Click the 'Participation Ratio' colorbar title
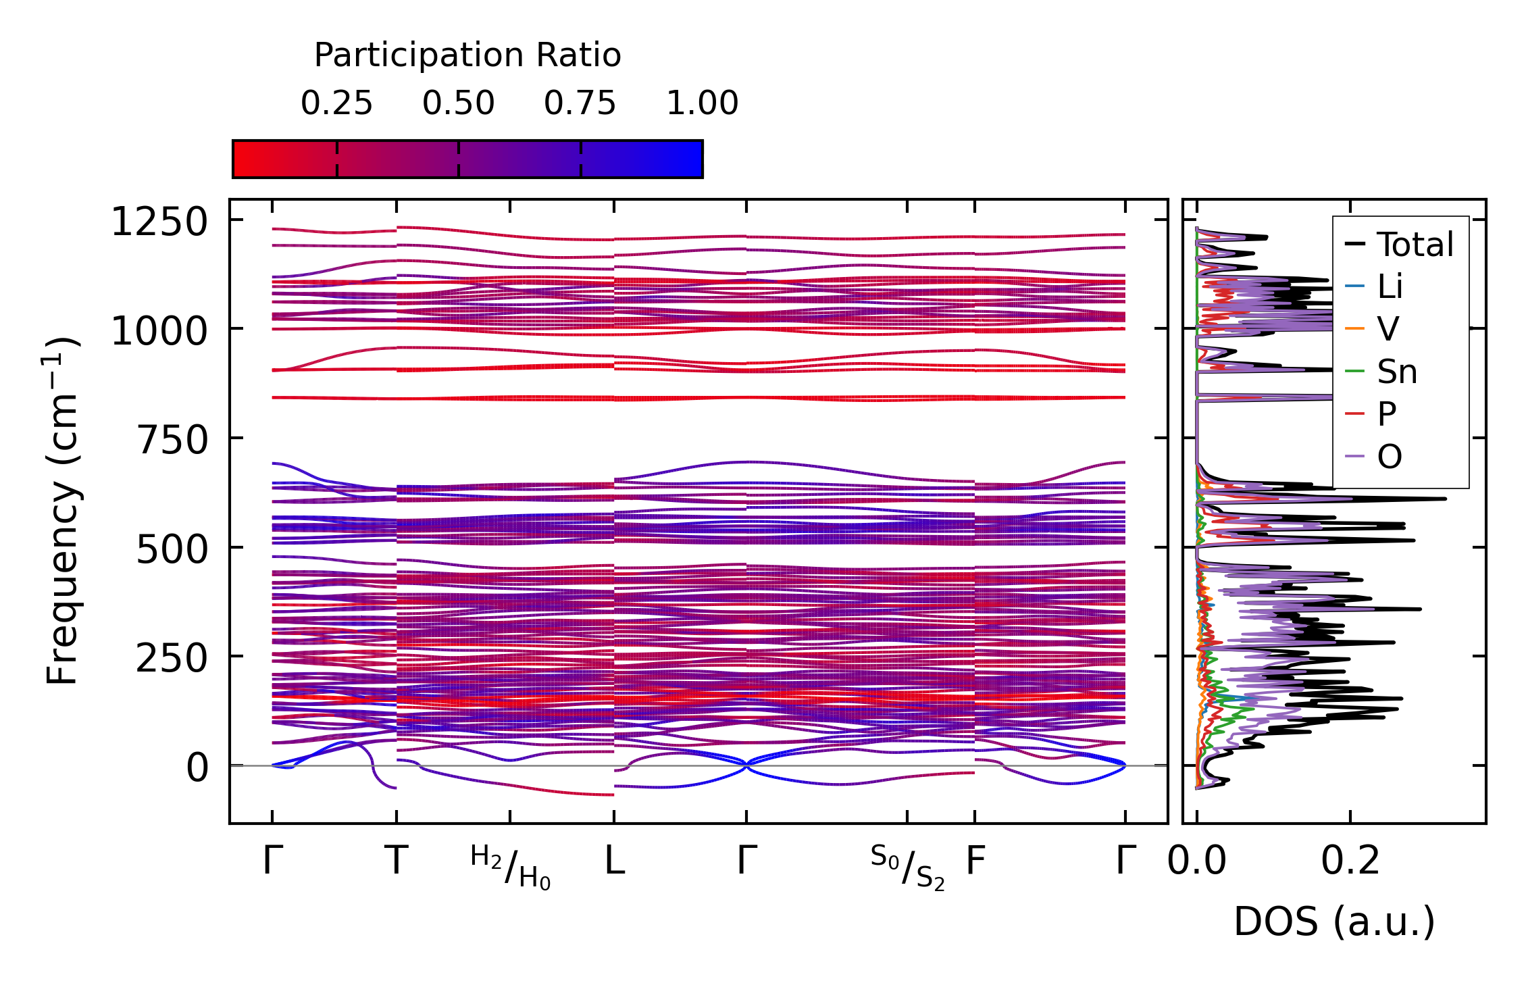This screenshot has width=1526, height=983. [467, 55]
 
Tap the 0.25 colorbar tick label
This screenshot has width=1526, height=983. [336, 103]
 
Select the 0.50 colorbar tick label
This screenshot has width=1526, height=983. [459, 103]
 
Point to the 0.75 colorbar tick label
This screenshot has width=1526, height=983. [580, 103]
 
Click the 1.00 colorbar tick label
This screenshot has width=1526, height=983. [703, 103]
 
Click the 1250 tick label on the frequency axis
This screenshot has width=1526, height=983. [159, 222]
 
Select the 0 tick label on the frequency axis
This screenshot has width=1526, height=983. [197, 768]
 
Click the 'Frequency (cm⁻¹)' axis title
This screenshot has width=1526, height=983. [62, 511]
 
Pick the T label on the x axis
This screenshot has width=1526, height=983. [397, 861]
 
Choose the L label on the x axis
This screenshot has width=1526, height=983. [614, 861]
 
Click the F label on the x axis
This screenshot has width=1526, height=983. [975, 861]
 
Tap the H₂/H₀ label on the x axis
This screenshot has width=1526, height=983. [511, 867]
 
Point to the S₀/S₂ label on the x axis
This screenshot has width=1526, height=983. [907, 867]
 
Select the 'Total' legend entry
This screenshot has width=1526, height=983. [1415, 245]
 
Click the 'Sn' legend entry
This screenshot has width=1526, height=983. [1397, 372]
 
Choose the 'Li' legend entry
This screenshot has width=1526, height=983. [1390, 287]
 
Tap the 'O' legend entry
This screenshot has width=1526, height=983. [1390, 457]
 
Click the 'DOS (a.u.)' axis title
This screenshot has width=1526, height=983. [1334, 922]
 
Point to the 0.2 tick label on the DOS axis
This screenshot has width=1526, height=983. [1350, 861]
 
